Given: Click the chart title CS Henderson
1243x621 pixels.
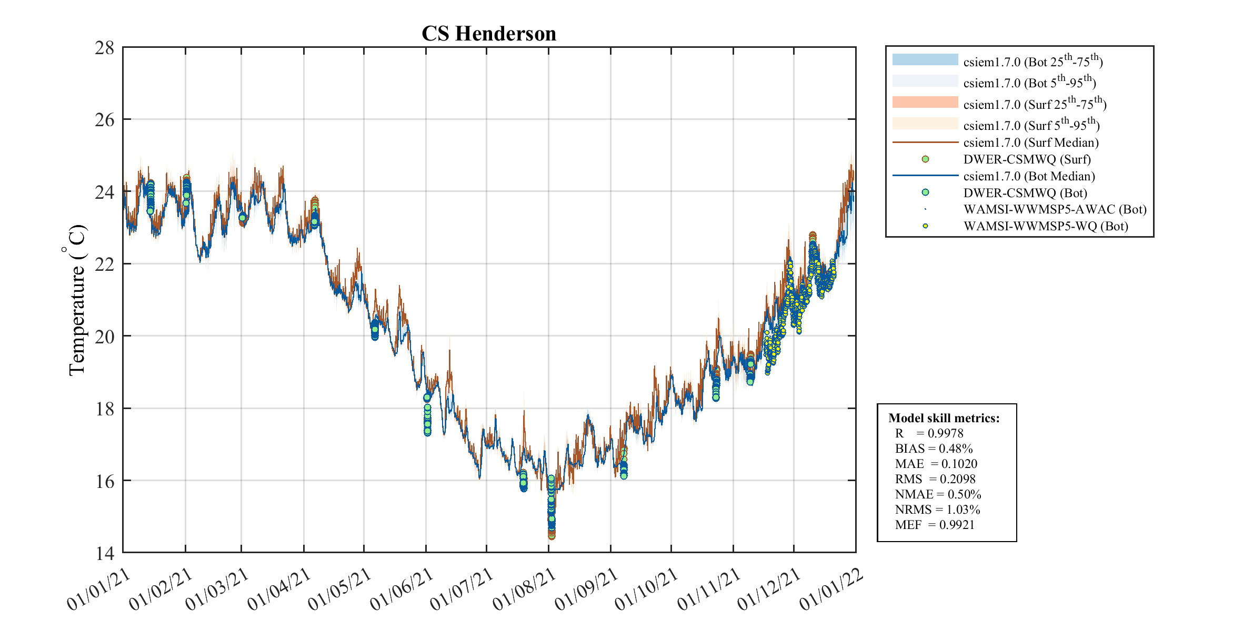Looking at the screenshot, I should pos(488,34).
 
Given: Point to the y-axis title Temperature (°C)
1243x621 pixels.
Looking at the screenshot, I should pos(77,300).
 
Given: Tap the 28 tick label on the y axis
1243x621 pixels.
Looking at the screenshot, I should pos(104,48).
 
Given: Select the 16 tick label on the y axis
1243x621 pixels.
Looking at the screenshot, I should pos(104,481).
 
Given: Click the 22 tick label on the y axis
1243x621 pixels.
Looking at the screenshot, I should pos(104,264).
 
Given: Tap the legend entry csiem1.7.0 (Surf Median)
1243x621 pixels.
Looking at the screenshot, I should pos(1030,142).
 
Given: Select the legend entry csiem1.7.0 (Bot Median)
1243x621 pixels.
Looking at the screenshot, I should pos(1029,176).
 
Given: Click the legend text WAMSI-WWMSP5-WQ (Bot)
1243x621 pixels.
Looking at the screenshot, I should pos(1046,227).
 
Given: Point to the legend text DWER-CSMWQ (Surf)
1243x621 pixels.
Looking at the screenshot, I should pos(1027,159).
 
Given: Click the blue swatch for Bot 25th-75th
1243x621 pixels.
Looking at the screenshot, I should pos(925,59).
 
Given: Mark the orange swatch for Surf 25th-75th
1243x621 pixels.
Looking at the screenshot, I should pos(925,102).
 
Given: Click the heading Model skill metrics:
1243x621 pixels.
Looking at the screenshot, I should pos(944,419).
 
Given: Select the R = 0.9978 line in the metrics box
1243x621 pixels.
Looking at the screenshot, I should pos(929,433).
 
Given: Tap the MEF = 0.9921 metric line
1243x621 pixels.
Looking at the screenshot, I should pos(935,525).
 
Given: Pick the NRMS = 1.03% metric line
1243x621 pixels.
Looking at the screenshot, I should pos(937,510).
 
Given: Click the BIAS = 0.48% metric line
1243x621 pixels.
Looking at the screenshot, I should pos(934,449).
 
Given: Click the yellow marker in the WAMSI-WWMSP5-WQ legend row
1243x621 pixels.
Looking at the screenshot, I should pos(925,226).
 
